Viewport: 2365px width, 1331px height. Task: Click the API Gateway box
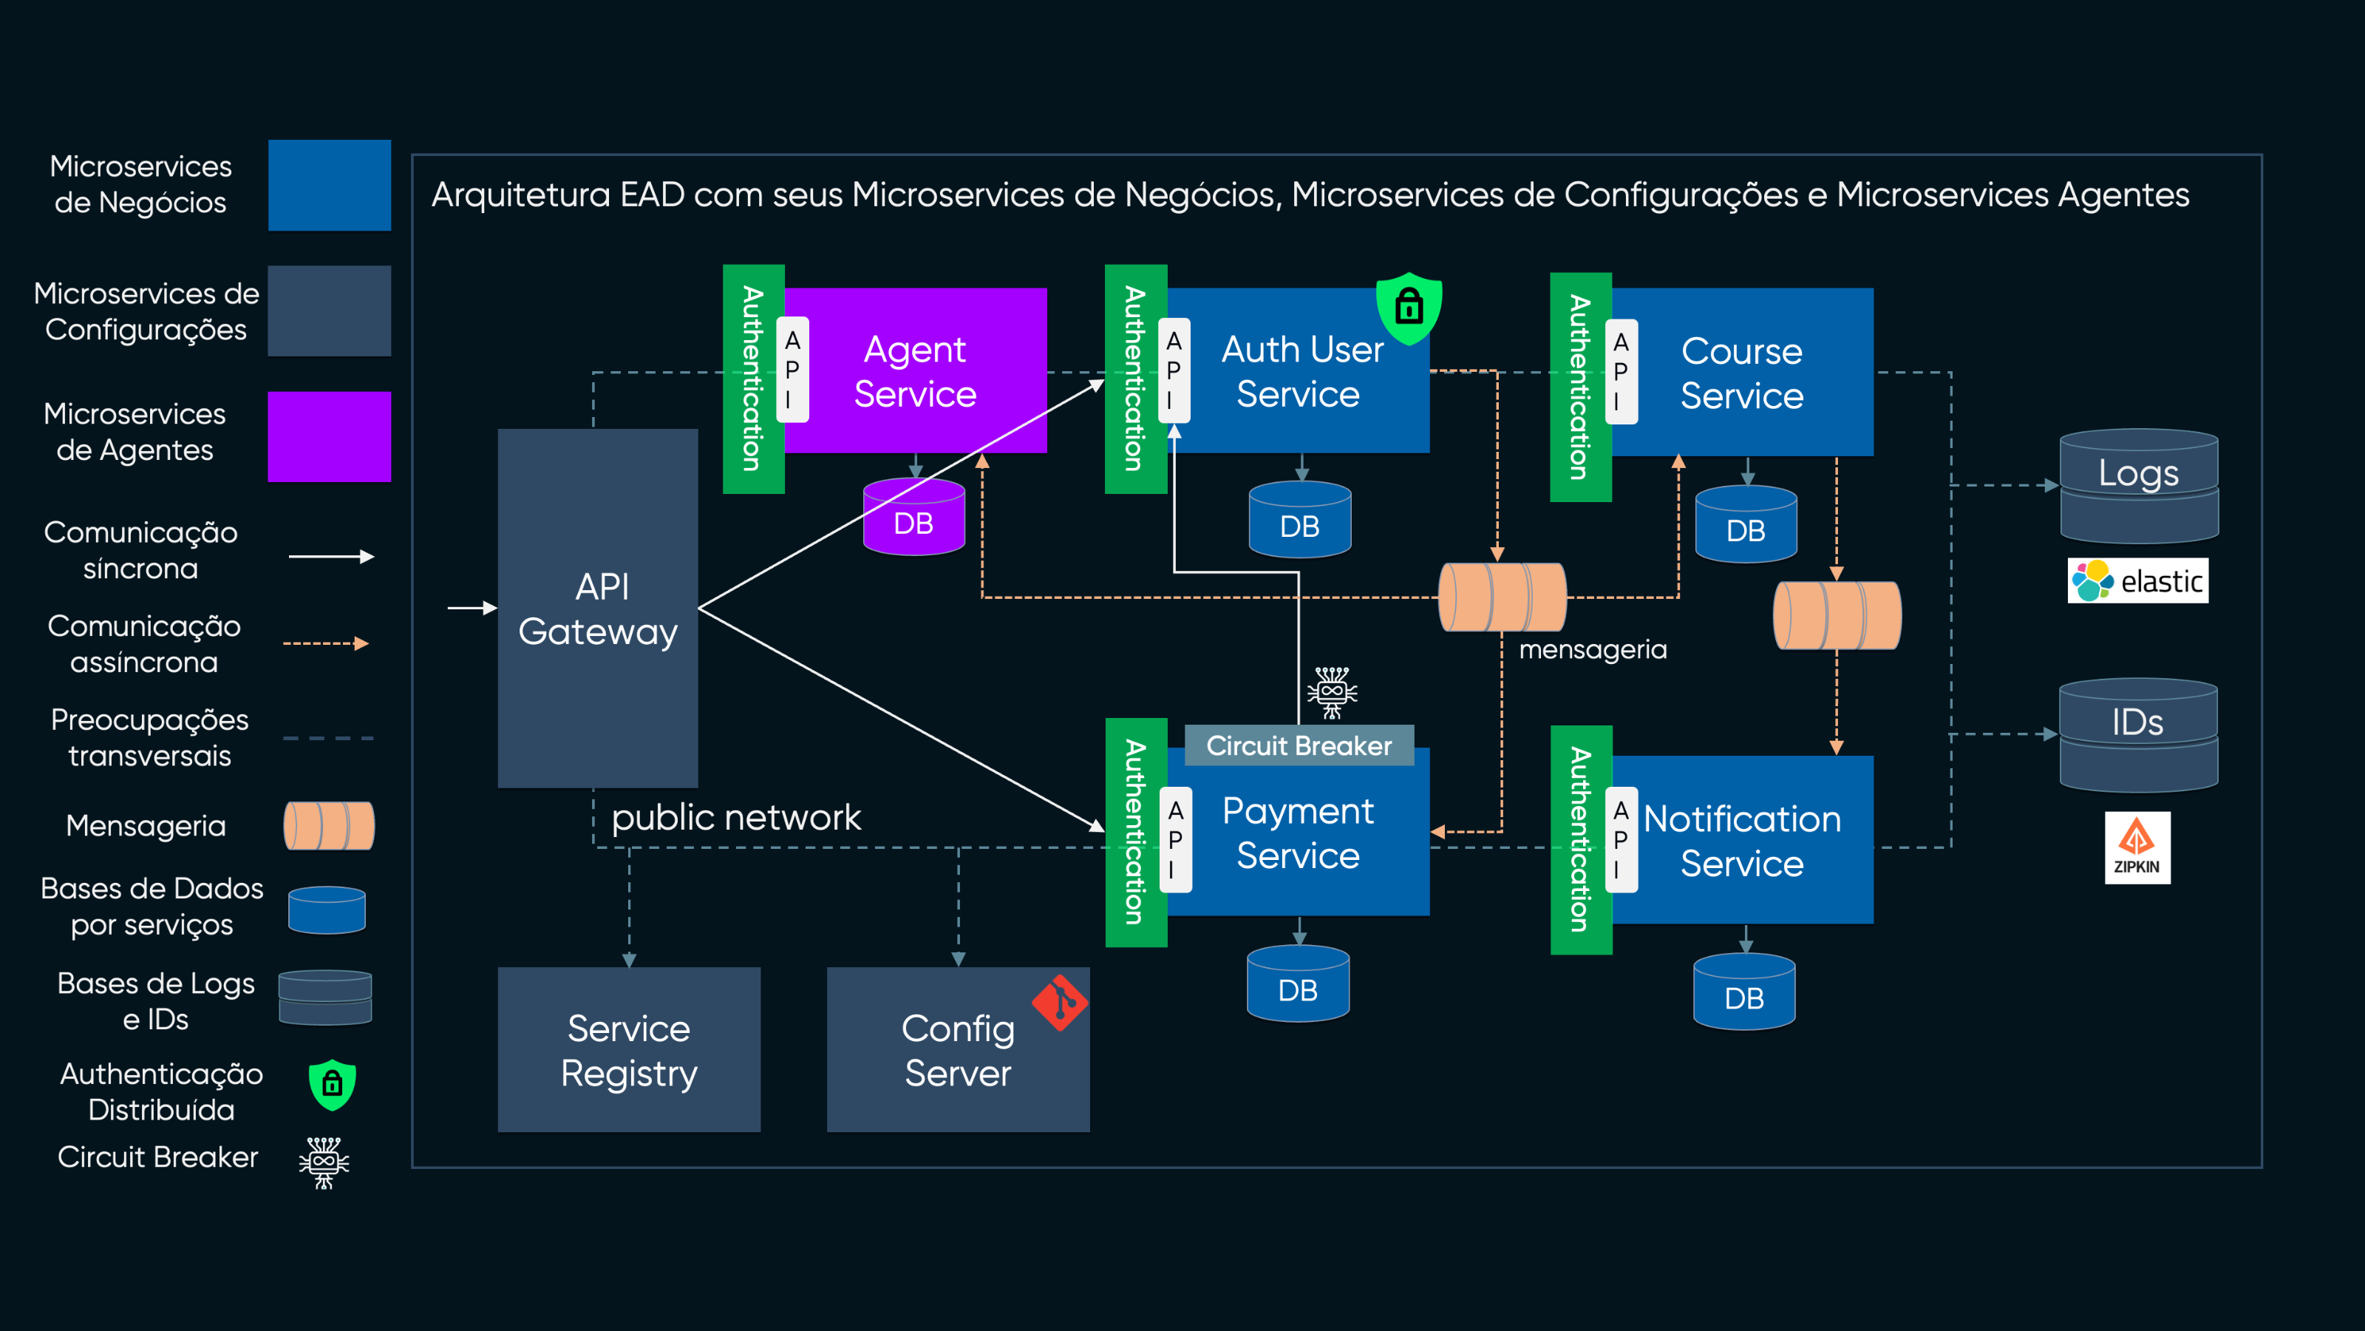pos(598,608)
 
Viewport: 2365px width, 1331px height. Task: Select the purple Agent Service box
pos(916,370)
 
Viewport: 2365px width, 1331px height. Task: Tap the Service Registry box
pos(629,1049)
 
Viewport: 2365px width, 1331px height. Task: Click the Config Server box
pos(958,1049)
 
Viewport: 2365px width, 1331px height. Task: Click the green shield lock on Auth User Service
pos(1409,307)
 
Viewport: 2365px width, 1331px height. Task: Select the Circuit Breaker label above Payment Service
pos(1299,745)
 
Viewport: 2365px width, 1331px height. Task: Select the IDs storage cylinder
pos(2138,734)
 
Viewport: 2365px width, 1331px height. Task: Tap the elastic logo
pos(2137,580)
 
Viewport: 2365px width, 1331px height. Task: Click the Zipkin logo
pos(2137,847)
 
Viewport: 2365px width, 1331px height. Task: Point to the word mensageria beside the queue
pos(1592,649)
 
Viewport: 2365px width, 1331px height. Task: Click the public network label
pos(735,816)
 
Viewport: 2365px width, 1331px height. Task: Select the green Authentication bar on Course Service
pos(1580,387)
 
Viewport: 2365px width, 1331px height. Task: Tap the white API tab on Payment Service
pos(1175,839)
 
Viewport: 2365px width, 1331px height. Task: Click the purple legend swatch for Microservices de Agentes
pos(329,436)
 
